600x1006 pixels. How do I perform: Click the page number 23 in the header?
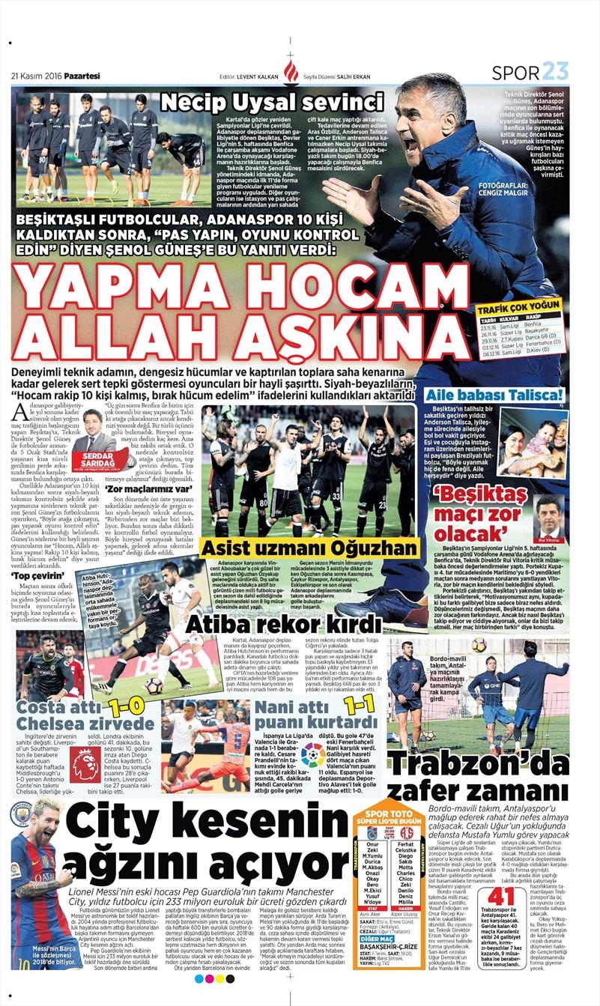coord(555,72)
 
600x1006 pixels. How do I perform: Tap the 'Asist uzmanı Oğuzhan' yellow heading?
coord(309,548)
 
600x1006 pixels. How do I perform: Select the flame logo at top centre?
coord(291,71)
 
